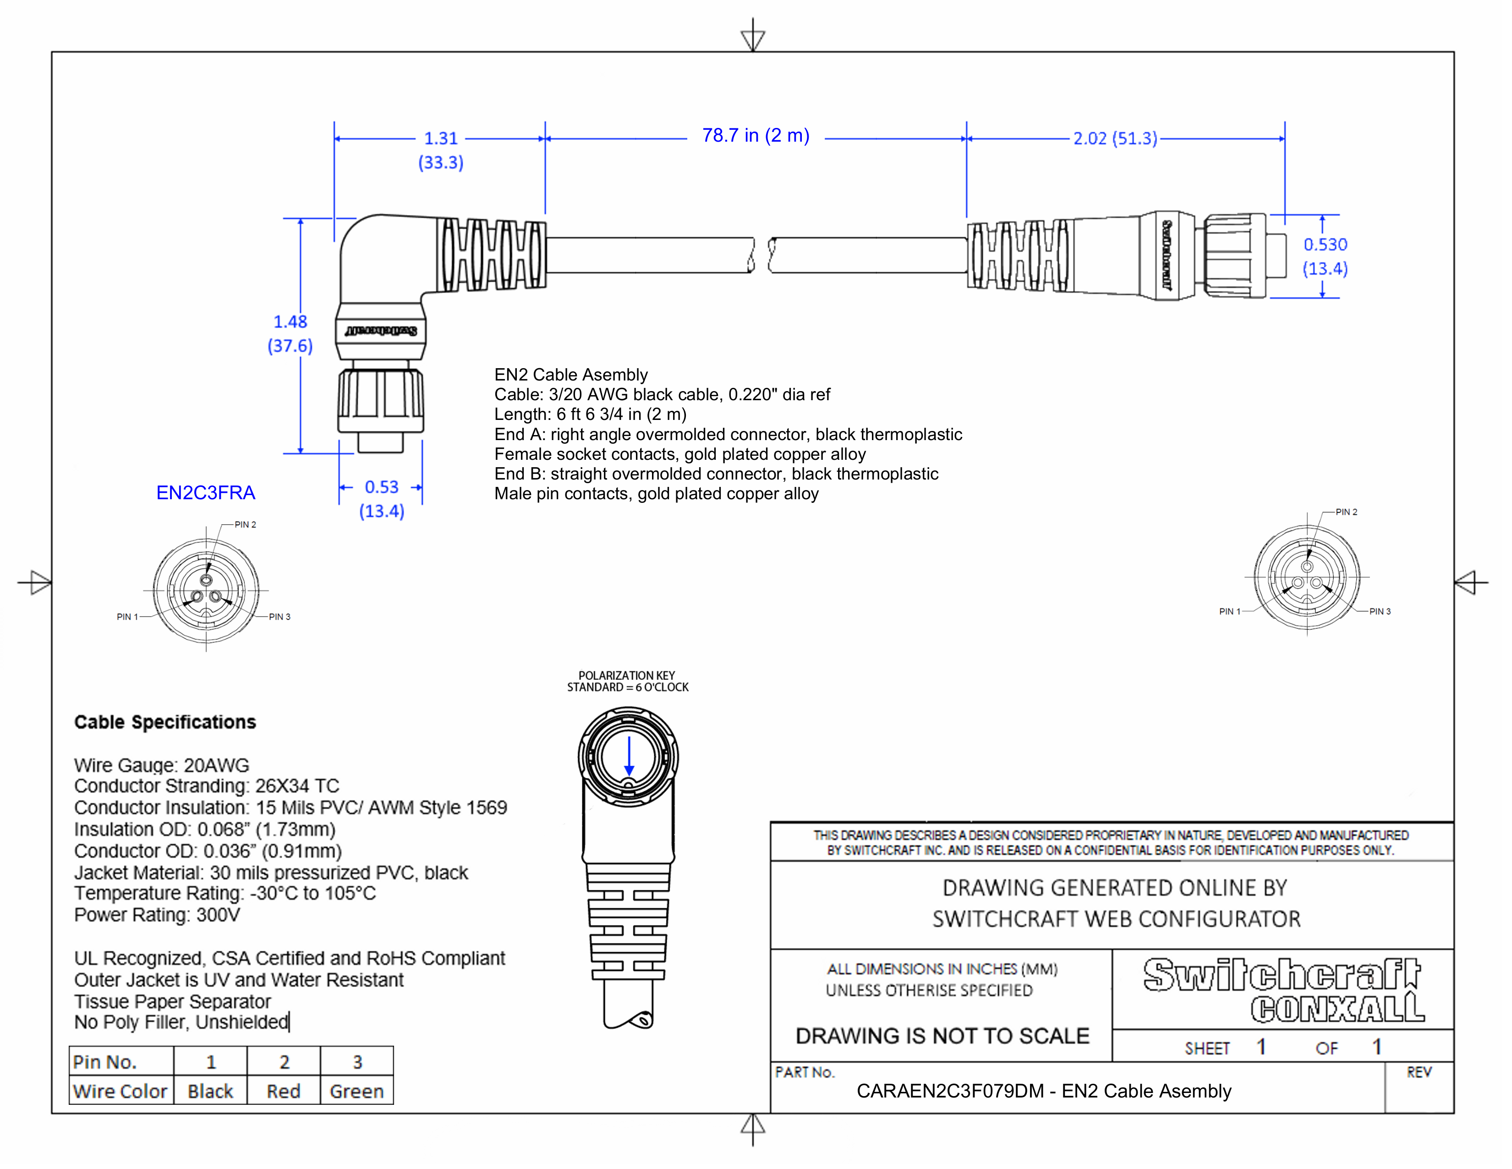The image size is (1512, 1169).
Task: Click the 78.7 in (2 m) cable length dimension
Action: tap(755, 136)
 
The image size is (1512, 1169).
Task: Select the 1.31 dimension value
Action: tap(441, 138)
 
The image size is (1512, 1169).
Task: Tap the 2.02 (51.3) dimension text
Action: tap(1115, 138)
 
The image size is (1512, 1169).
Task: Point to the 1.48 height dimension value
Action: tap(290, 322)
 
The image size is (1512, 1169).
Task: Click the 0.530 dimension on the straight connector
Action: tap(1325, 244)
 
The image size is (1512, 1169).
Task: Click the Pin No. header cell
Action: tap(105, 1062)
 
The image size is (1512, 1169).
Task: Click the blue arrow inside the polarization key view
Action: tap(629, 756)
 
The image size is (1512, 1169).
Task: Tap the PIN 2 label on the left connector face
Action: tap(245, 524)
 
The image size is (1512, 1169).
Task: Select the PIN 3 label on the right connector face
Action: tap(1380, 612)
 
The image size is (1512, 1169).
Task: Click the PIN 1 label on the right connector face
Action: tap(1230, 612)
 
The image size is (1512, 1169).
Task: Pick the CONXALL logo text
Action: tap(1337, 1009)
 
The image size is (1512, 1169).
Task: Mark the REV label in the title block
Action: tap(1419, 1072)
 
